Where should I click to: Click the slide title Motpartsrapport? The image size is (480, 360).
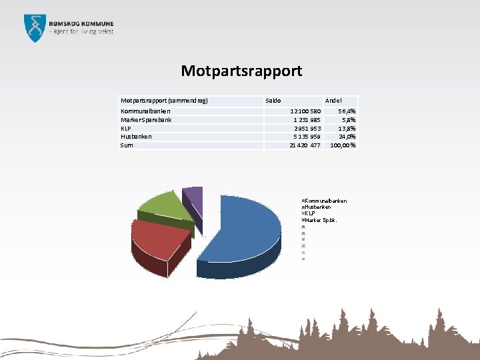click(241, 71)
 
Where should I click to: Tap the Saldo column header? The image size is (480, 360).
click(273, 100)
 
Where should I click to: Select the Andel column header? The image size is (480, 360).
click(333, 100)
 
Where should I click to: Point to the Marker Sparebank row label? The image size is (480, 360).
click(146, 120)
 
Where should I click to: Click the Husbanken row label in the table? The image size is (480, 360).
click(136, 136)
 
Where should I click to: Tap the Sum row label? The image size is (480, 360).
click(126, 145)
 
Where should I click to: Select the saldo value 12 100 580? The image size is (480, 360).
click(305, 111)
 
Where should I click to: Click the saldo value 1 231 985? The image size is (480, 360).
click(307, 120)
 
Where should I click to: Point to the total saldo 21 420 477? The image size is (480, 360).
click(305, 145)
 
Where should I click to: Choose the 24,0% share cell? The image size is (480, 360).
click(347, 136)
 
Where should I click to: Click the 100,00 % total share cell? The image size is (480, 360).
click(343, 145)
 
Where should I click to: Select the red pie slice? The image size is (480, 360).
click(157, 237)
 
